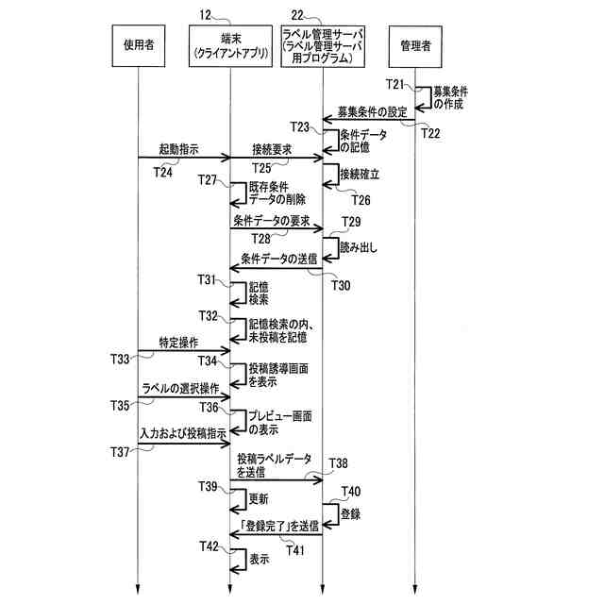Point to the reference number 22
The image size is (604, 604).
click(298, 13)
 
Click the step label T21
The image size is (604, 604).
click(396, 86)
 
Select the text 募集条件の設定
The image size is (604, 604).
click(372, 111)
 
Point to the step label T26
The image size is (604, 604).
click(361, 199)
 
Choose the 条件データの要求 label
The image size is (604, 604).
click(271, 219)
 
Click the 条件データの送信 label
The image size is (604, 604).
click(279, 258)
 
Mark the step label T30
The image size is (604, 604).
click(339, 285)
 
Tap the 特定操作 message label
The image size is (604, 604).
click(179, 343)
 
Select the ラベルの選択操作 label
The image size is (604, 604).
click(180, 388)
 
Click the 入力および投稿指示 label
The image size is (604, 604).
click(182, 432)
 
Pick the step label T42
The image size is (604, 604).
click(210, 546)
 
